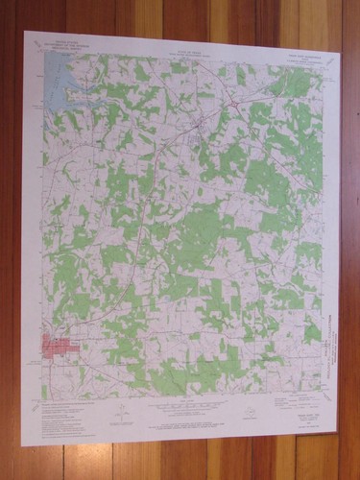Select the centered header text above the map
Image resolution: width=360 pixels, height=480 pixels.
click(x=186, y=45)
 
